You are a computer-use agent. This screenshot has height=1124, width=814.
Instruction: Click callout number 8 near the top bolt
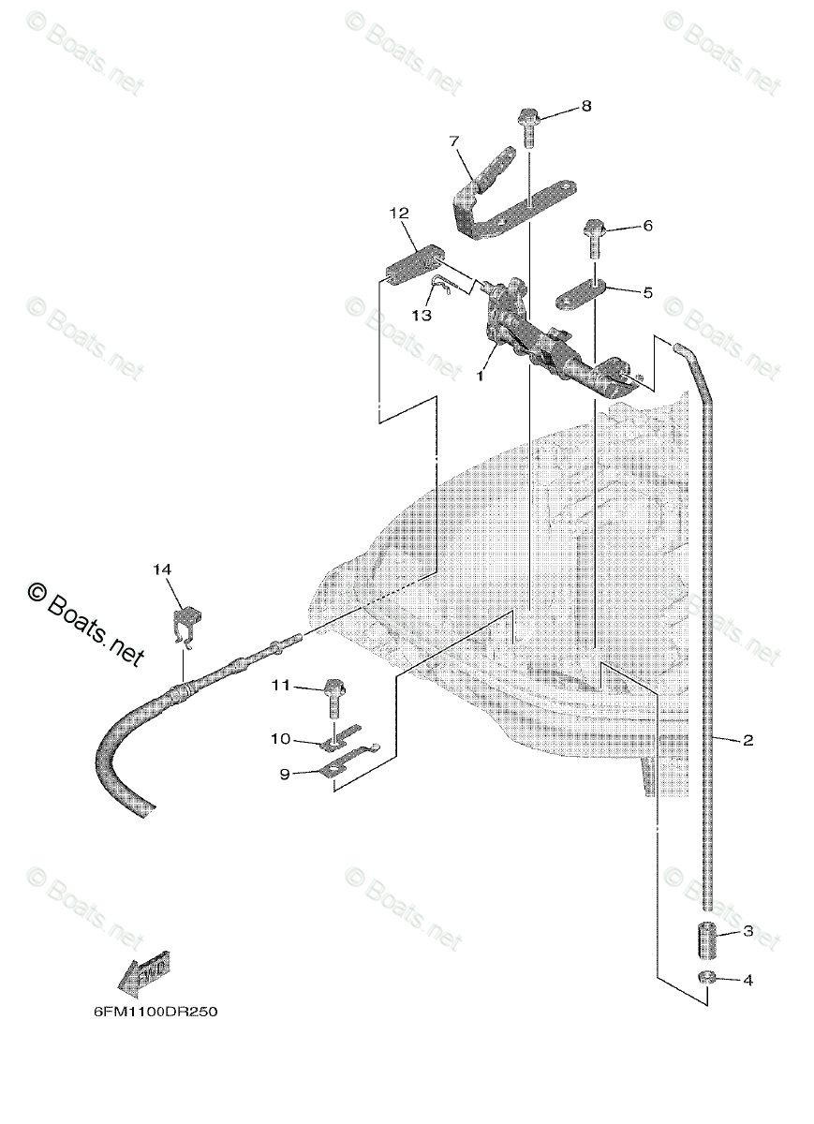pos(585,106)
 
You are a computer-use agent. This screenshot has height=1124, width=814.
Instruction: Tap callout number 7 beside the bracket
pos(454,141)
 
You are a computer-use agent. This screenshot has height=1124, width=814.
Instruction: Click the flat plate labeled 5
pos(580,296)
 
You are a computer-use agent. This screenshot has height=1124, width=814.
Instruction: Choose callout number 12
pos(400,214)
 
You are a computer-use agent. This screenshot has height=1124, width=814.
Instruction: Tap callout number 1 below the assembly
pos(481,375)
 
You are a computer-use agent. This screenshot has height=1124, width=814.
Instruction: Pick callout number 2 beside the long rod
pos(747,740)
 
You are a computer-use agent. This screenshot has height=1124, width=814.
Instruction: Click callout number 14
pos(163,569)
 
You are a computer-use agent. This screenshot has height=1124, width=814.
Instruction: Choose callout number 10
pos(281,739)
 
